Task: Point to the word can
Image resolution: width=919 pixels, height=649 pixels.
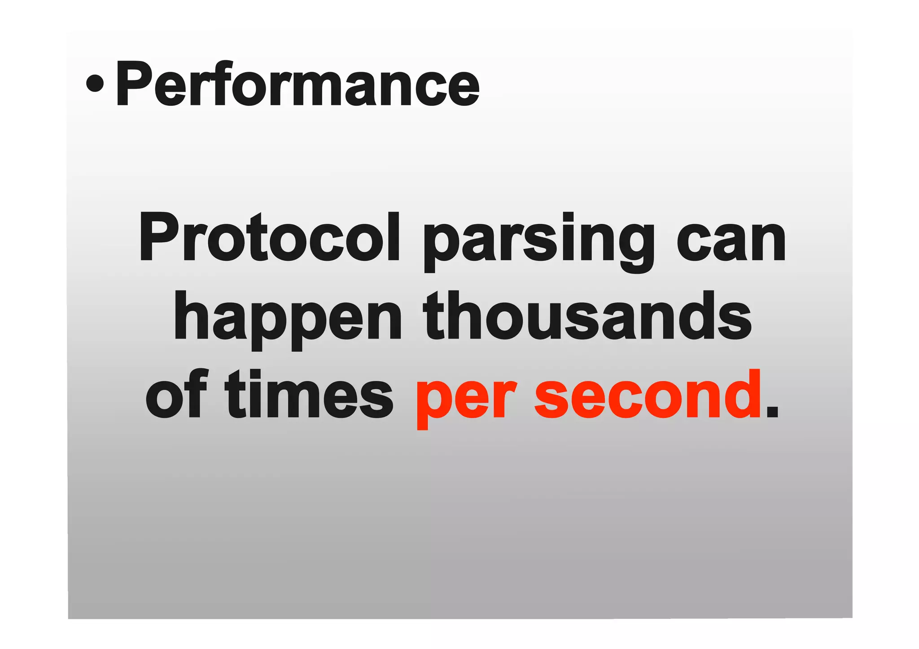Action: (x=731, y=240)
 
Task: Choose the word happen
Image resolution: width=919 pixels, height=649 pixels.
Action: (x=288, y=318)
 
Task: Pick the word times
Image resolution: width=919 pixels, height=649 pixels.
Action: (x=309, y=395)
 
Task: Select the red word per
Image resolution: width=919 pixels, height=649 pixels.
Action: (x=466, y=397)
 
